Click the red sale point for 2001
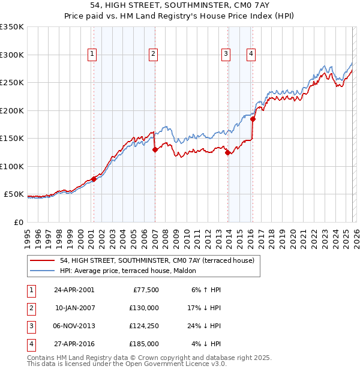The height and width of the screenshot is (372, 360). (94, 179)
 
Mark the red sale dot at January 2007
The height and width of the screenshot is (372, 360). (155, 150)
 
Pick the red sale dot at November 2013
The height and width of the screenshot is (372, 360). (228, 153)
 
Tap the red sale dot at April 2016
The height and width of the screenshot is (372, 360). (253, 119)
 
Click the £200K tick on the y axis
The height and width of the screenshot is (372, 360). (12, 110)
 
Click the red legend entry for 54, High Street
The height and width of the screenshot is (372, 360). (157, 260)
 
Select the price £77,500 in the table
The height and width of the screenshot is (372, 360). (146, 290)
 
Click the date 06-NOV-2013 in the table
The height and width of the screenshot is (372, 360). (74, 326)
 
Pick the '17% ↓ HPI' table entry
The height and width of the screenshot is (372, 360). (203, 308)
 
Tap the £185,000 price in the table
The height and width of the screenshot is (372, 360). (144, 344)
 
